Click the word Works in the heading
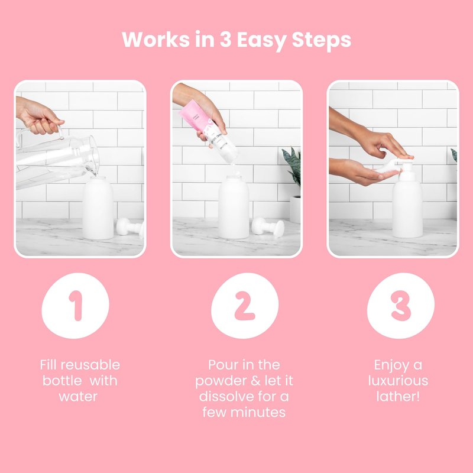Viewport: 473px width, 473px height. [x=155, y=39]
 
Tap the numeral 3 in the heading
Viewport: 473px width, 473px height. [x=225, y=39]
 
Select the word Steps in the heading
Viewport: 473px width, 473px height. [x=322, y=40]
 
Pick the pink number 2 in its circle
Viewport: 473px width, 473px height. [x=245, y=306]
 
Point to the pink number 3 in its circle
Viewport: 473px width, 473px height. [x=401, y=306]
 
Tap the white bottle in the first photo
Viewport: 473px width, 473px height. [x=98, y=208]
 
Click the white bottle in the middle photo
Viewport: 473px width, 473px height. [x=234, y=207]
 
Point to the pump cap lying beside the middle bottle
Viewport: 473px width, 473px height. [x=268, y=227]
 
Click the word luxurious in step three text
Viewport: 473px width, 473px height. [x=398, y=381]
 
